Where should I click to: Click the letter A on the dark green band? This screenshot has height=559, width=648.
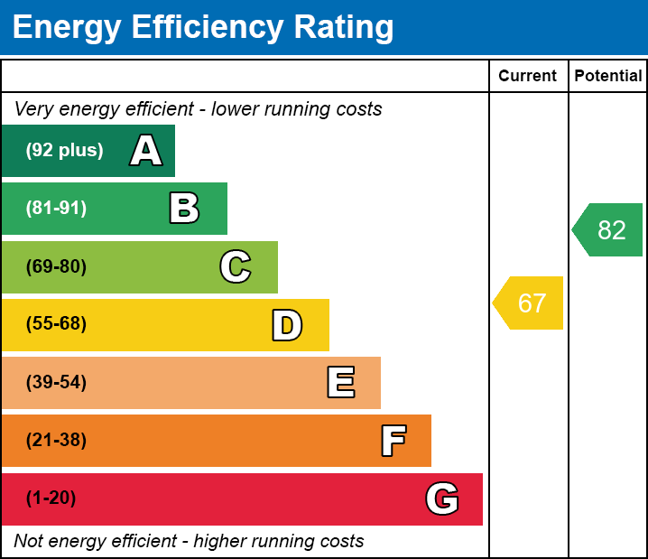pos(146,151)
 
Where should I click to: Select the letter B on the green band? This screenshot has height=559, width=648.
pos(184,209)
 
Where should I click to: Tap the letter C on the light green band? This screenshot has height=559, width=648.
pos(236,267)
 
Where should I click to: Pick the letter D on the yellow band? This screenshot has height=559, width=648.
pos(287,325)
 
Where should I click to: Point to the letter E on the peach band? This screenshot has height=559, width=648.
pos(340,383)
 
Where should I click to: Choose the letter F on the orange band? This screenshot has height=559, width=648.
pos(393,442)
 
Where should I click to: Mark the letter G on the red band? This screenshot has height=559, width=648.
pos(442,498)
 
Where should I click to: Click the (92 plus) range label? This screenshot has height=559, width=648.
pos(64,151)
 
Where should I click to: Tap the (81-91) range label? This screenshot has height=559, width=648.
pos(56,209)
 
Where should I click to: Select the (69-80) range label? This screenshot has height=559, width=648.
pos(56,267)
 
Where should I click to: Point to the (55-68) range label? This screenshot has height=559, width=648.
pos(56,324)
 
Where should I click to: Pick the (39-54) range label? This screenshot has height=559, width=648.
pos(56,383)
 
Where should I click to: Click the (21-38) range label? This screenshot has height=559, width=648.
pos(56,441)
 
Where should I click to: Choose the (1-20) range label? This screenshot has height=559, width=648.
pos(51,498)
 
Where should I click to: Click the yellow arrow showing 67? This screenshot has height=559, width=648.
pos(530,303)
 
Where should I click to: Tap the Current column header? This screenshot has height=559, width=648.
pos(528,77)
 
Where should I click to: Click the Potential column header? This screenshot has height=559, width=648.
pos(608,77)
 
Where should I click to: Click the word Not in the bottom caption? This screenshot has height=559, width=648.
pos(30,541)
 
